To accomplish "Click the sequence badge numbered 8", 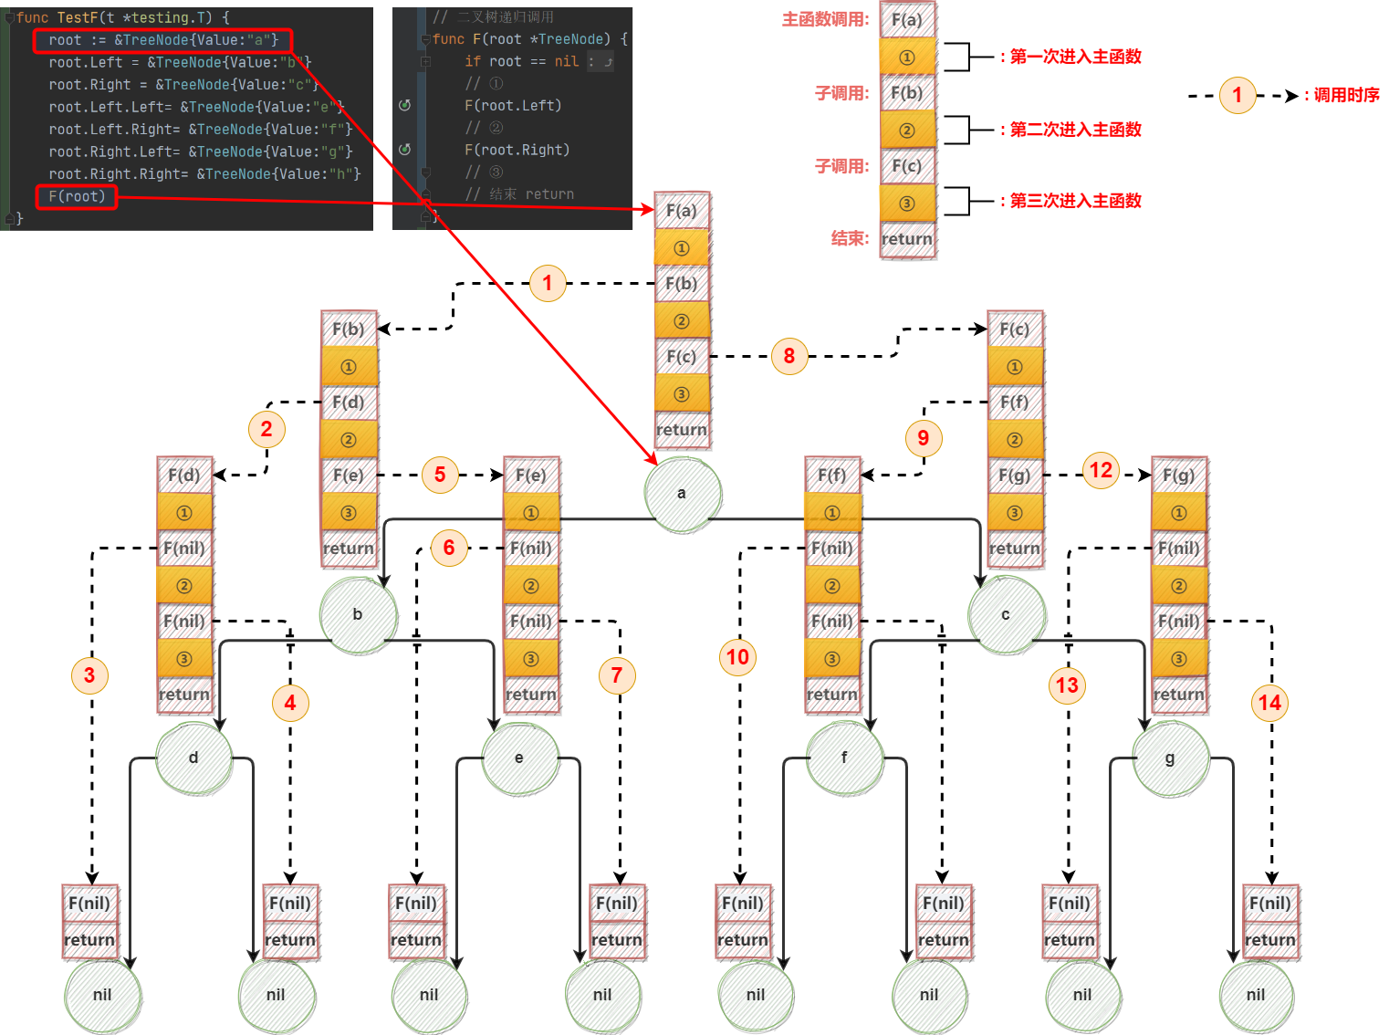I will (789, 356).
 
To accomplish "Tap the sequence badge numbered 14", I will (1269, 703).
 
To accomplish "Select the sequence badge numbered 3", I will (89, 675).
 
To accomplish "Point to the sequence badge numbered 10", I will (737, 657).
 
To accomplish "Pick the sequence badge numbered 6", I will (449, 548).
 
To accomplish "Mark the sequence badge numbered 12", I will (1101, 470).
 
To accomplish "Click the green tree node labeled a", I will (682, 494).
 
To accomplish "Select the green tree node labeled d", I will (193, 758).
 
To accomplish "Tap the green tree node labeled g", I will (1170, 758).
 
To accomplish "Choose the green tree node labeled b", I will (358, 614).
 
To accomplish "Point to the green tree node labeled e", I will (519, 758).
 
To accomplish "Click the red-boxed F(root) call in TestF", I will (77, 196).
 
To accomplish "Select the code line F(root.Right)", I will (517, 150).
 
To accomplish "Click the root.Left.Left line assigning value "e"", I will (195, 107).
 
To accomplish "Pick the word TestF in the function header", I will (77, 17).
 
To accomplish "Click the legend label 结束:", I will (850, 238).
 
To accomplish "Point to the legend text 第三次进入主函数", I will (1075, 201).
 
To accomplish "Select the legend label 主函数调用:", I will (825, 19).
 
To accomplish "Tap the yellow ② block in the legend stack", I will (907, 130).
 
